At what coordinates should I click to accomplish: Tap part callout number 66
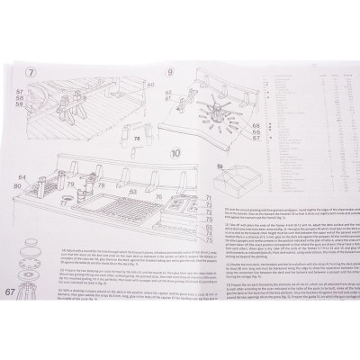(256, 131)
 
